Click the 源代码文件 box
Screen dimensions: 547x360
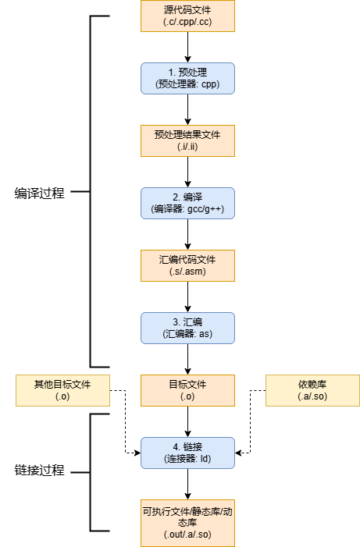pyautogui.click(x=187, y=16)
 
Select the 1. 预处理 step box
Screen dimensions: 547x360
pyautogui.click(x=187, y=78)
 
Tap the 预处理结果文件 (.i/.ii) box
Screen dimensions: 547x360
pyautogui.click(x=187, y=140)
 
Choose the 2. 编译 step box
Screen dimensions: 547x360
pyautogui.click(x=187, y=203)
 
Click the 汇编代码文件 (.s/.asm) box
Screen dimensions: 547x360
pyautogui.click(x=187, y=265)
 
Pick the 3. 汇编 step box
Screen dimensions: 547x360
pyautogui.click(x=187, y=328)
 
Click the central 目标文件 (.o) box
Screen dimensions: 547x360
pyautogui.click(x=187, y=390)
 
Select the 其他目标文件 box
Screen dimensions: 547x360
pyautogui.click(x=62, y=390)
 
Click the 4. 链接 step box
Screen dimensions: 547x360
pyautogui.click(x=187, y=453)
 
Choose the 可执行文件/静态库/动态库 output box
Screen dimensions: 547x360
pyautogui.click(x=187, y=522)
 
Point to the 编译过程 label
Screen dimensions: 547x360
pyautogui.click(x=40, y=194)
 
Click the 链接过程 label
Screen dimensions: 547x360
pyautogui.click(x=40, y=471)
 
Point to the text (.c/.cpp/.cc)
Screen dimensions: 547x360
pyautogui.click(x=187, y=22)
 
